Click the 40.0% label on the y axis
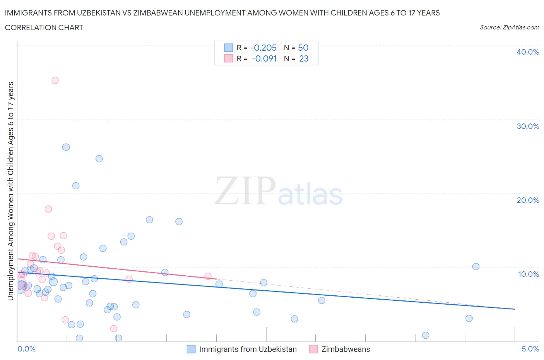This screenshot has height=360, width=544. point(528,52)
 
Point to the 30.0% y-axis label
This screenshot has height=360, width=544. point(528,126)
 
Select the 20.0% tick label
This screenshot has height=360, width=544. point(528,200)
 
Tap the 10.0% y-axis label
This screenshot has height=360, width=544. point(529,274)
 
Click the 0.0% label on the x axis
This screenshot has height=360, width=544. point(27,349)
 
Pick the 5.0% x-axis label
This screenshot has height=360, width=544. point(530,349)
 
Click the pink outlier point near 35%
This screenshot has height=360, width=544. point(55,81)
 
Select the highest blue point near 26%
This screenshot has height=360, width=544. point(66,147)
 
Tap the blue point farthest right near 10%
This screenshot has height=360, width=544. point(476,267)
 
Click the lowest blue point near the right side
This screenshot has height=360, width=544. point(426,335)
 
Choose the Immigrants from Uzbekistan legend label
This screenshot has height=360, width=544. point(248,349)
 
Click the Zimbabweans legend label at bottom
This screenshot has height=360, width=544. point(346,349)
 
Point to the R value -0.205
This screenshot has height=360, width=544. point(263,48)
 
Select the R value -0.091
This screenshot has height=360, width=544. point(264,58)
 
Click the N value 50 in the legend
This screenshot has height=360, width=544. point(303,48)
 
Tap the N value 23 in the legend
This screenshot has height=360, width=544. point(304,58)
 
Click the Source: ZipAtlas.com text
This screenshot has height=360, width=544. point(509,27)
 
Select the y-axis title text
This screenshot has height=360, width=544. point(10,191)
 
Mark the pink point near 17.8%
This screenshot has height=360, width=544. point(48,209)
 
